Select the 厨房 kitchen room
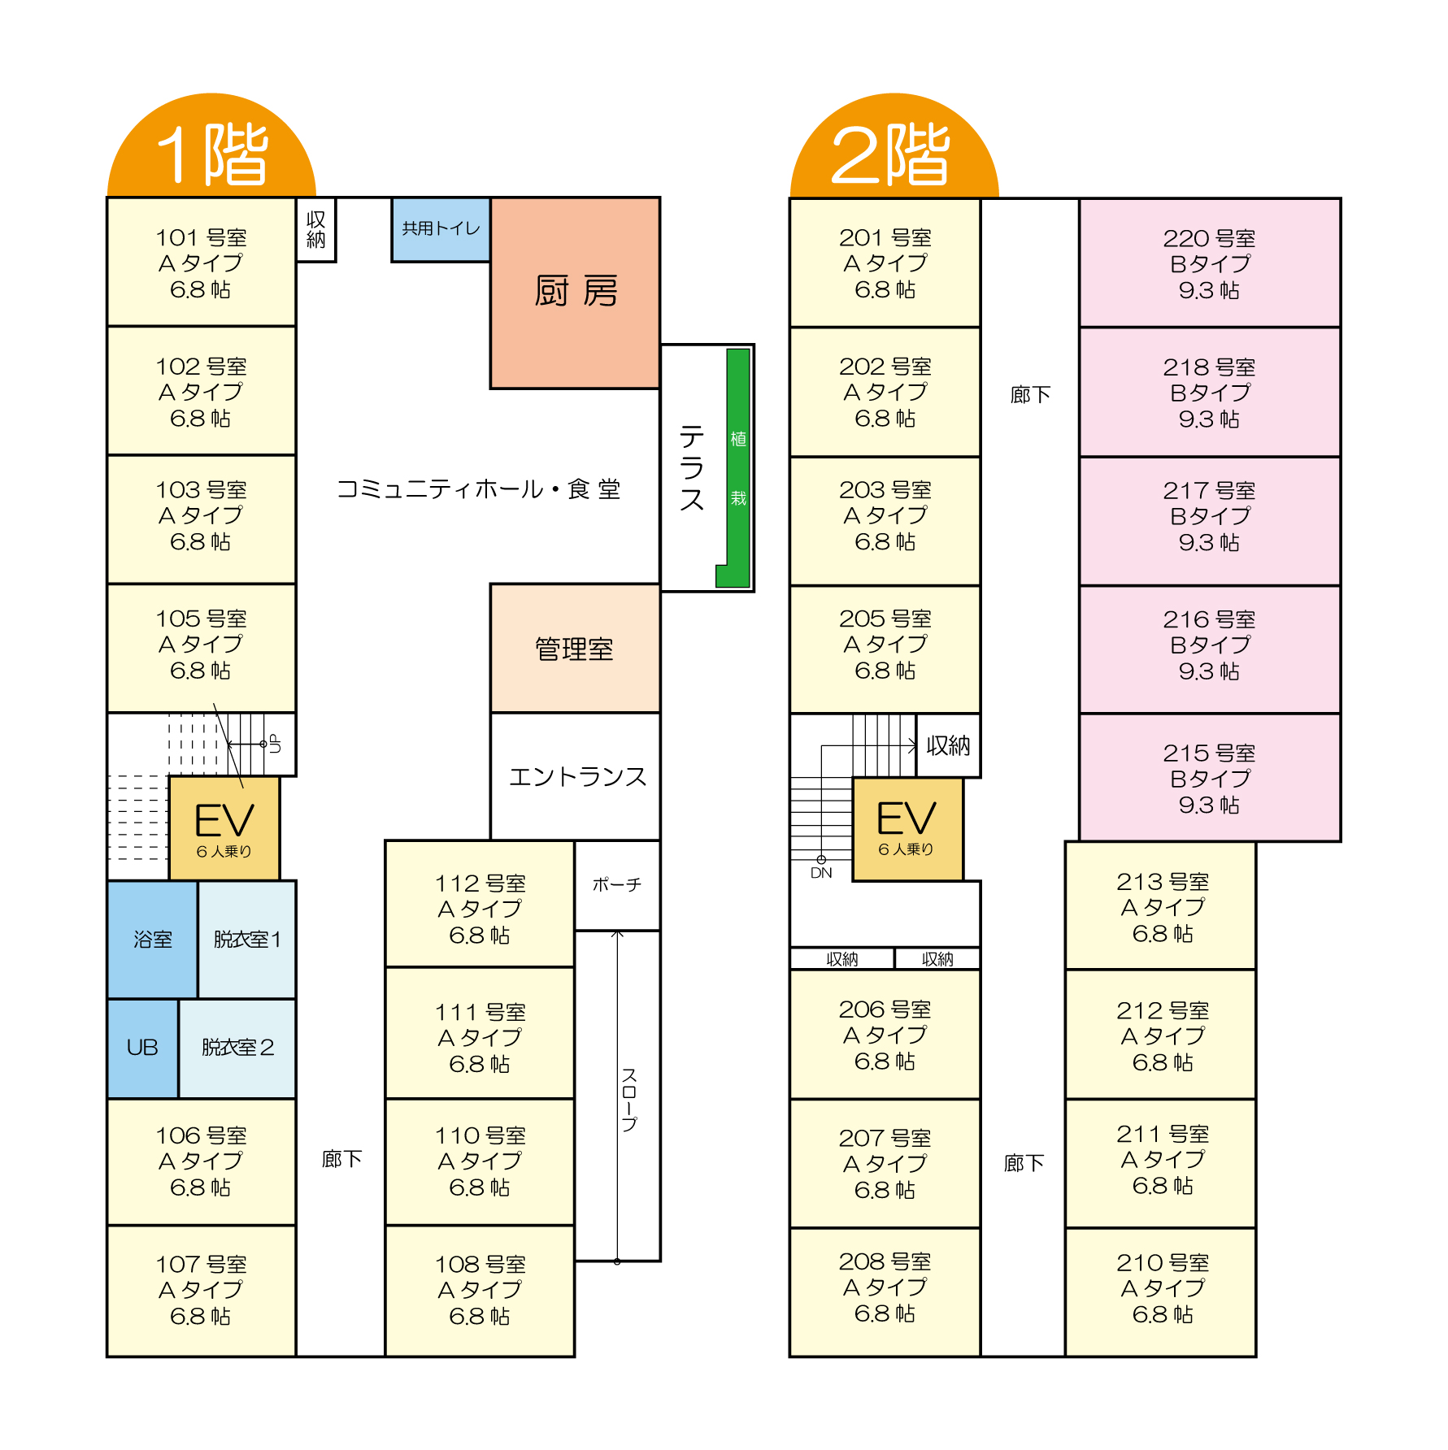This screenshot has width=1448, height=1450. pos(575,292)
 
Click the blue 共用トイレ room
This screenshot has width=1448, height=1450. pos(441,229)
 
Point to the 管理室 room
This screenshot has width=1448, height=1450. pos(575,649)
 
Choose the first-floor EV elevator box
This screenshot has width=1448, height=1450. pos(224,827)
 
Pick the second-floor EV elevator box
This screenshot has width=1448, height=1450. pos(907,827)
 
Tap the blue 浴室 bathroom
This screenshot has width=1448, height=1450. pos(152,940)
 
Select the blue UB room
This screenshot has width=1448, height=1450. pos(142,1048)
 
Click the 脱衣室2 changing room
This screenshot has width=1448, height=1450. pos(237,1048)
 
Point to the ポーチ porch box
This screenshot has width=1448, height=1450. pos(616,884)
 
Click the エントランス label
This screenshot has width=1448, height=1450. pos(577,777)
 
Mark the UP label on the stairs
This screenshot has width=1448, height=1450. pos(275,744)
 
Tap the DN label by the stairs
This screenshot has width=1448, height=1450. pos(821,873)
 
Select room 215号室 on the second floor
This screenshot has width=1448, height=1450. pos(1209,778)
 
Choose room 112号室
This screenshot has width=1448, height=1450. pos(480,908)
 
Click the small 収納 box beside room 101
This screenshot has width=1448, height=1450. pos(315,230)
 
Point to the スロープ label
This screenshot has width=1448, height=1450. pos(629,1099)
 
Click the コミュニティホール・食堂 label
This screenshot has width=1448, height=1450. pos(478,489)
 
